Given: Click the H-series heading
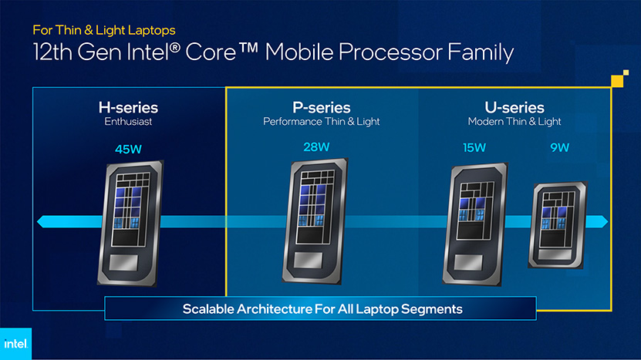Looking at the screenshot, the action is pyautogui.click(x=128, y=107).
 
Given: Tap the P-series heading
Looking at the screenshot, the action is pyautogui.click(x=322, y=107).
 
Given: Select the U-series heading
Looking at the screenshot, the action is pyautogui.click(x=514, y=107).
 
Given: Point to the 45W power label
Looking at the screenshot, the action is pyautogui.click(x=128, y=149).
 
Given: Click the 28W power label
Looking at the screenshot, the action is pyautogui.click(x=316, y=147).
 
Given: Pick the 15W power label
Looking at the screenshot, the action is pyautogui.click(x=474, y=147).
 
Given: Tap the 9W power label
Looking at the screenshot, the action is pyautogui.click(x=560, y=147).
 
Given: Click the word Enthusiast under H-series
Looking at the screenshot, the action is pyautogui.click(x=128, y=121).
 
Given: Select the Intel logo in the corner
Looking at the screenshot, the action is pyautogui.click(x=15, y=344).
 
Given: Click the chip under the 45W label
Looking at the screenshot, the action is pyautogui.click(x=130, y=223).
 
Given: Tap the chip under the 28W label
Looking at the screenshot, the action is pyautogui.click(x=315, y=221).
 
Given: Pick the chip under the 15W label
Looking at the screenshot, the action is pyautogui.click(x=475, y=224).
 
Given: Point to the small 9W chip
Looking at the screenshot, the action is pyautogui.click(x=558, y=225).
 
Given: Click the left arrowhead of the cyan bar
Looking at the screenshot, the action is pyautogui.click(x=41, y=222).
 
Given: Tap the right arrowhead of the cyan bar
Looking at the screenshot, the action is pyautogui.click(x=604, y=222).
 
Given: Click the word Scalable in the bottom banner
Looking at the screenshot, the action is pyautogui.click(x=207, y=309).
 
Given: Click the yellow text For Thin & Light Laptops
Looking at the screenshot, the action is pyautogui.click(x=104, y=30).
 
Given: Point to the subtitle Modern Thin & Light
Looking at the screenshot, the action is pyautogui.click(x=514, y=121).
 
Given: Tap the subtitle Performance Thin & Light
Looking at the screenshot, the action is pyautogui.click(x=322, y=121).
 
